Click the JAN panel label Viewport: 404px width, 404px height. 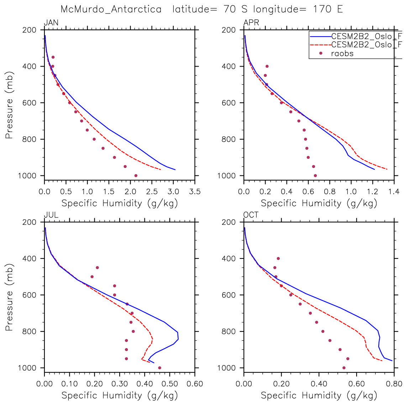point(51,23)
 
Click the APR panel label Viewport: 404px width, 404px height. point(251,23)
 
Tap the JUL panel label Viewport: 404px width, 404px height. point(51,215)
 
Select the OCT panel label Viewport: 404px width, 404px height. point(251,215)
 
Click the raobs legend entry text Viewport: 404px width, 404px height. point(342,54)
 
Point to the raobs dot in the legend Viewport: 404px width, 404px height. point(321,54)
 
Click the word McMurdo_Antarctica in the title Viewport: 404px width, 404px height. point(111,9)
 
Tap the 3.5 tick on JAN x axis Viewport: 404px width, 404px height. point(194,192)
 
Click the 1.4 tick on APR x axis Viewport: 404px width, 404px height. point(394,192)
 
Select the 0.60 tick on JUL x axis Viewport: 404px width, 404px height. point(194,384)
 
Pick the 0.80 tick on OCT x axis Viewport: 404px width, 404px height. point(394,384)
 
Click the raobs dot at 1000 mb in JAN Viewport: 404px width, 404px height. point(136,175)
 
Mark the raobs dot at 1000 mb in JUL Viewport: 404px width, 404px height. point(159,368)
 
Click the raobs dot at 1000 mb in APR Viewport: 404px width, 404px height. point(315,175)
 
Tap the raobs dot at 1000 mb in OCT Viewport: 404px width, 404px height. point(344,368)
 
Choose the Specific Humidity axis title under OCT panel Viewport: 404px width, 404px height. point(319,395)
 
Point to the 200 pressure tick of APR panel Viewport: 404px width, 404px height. point(229,30)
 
